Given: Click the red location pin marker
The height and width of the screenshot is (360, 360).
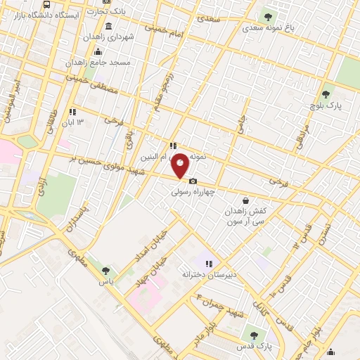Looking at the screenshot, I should click(x=181, y=165).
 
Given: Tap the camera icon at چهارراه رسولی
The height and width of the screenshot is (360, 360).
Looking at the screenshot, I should click(x=193, y=181).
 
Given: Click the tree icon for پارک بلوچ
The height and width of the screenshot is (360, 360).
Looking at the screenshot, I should click(x=325, y=94).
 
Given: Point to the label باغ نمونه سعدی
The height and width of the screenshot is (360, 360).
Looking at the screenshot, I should click(x=265, y=29).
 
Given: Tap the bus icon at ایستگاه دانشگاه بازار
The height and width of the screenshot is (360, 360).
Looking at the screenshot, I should click(x=47, y=4).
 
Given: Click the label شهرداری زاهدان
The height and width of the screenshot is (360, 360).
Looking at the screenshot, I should click(x=111, y=37).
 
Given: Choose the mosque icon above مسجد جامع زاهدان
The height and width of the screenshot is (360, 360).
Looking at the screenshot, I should click(x=97, y=51).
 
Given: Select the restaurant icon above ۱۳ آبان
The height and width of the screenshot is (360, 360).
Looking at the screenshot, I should click(x=72, y=112).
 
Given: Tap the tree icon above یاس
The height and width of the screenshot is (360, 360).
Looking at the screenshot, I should click(x=105, y=269).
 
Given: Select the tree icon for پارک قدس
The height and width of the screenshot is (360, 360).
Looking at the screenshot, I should click(x=253, y=335).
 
